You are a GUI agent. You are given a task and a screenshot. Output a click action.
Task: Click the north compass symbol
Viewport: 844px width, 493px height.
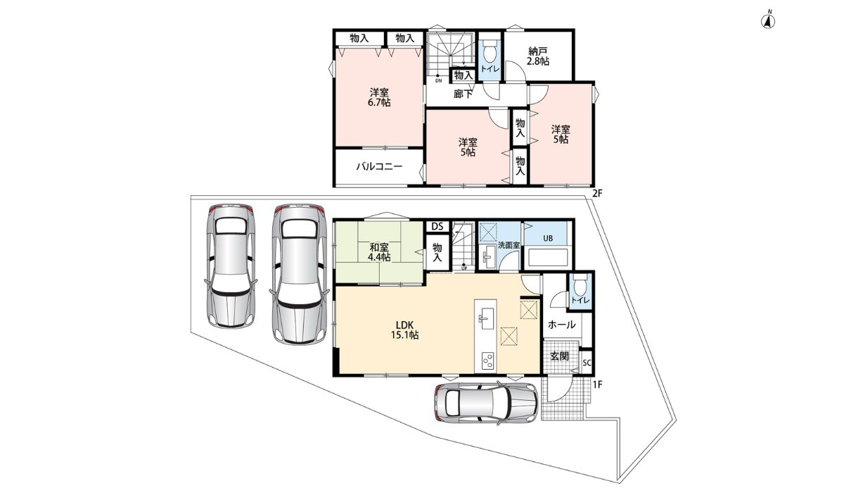point(769,20)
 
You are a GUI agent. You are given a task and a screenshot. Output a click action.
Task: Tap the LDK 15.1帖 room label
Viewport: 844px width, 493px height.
point(405,330)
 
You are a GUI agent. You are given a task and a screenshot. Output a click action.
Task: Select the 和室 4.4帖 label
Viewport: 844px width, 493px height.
point(380,252)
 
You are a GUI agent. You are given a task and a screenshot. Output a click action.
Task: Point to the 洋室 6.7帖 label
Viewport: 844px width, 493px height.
point(380,97)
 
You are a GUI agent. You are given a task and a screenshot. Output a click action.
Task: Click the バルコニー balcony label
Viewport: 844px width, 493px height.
point(378,167)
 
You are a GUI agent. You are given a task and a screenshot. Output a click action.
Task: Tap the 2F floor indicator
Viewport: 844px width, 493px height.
point(597,193)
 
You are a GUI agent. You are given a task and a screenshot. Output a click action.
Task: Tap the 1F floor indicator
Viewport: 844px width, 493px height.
point(597,385)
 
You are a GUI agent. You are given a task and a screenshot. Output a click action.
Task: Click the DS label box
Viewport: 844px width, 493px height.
point(437,226)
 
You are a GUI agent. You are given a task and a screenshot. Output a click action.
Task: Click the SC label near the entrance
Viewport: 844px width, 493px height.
point(587,363)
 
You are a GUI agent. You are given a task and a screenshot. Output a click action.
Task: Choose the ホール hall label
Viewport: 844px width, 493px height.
point(561,325)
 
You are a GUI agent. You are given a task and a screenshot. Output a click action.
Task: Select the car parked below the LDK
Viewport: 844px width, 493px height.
point(485,404)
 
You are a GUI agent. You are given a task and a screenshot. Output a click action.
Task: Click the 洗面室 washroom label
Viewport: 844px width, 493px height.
point(509,245)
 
